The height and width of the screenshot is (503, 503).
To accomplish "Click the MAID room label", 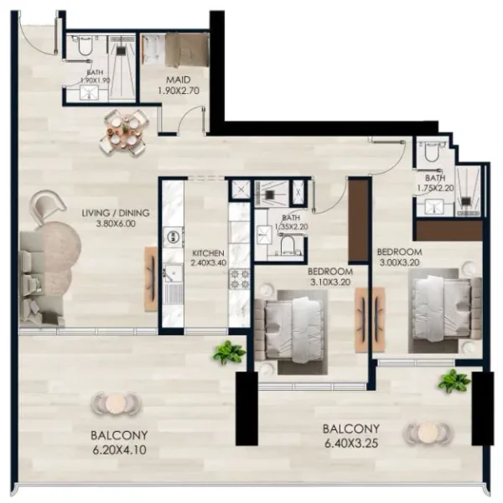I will (175, 80).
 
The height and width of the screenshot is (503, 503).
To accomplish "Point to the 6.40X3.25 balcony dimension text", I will (352, 443).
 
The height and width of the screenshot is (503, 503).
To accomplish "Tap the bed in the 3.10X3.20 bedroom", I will (292, 325).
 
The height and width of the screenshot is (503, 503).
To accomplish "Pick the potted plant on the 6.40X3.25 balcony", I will (454, 381).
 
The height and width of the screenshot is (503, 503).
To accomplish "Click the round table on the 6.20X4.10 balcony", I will (116, 404).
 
